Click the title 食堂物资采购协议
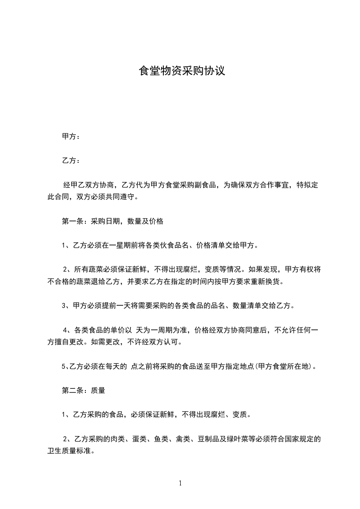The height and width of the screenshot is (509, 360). pos(182,72)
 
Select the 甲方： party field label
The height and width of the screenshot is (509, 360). pos(71,136)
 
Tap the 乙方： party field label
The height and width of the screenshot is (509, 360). pos(71,161)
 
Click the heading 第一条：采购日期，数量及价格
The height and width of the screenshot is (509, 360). pos(112,222)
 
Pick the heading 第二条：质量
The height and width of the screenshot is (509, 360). pos(84,389)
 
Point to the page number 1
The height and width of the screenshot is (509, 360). pos(180,483)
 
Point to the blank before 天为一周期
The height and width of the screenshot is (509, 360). pos(134,330)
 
